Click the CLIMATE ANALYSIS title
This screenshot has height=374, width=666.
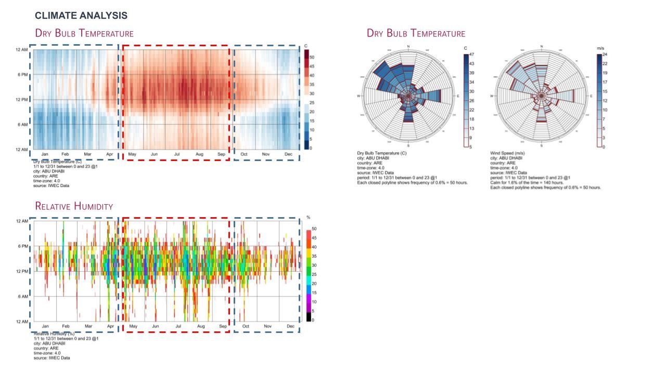(x=81, y=16)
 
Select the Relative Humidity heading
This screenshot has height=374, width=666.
(x=74, y=206)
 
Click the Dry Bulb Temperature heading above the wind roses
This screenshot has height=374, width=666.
(x=416, y=33)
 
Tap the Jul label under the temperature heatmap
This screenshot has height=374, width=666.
(x=177, y=154)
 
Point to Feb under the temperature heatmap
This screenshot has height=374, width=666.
(x=65, y=154)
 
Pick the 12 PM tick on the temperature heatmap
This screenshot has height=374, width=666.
(x=21, y=100)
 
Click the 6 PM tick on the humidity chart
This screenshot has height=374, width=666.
(x=21, y=246)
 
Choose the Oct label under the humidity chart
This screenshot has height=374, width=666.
(x=246, y=326)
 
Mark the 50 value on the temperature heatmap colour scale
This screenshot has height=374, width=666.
(x=312, y=57)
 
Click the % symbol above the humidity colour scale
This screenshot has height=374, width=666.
(x=309, y=217)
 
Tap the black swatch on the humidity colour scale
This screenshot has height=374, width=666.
(x=309, y=317)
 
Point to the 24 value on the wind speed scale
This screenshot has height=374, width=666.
(x=605, y=54)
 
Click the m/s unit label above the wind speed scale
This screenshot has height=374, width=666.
(x=601, y=48)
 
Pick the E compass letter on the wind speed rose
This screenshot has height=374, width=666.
(x=592, y=97)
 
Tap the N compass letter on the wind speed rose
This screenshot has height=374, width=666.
(x=542, y=47)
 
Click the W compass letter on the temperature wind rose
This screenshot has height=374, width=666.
(x=358, y=97)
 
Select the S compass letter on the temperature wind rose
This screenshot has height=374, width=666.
(x=408, y=146)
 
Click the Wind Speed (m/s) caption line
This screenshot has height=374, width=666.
(x=509, y=153)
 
